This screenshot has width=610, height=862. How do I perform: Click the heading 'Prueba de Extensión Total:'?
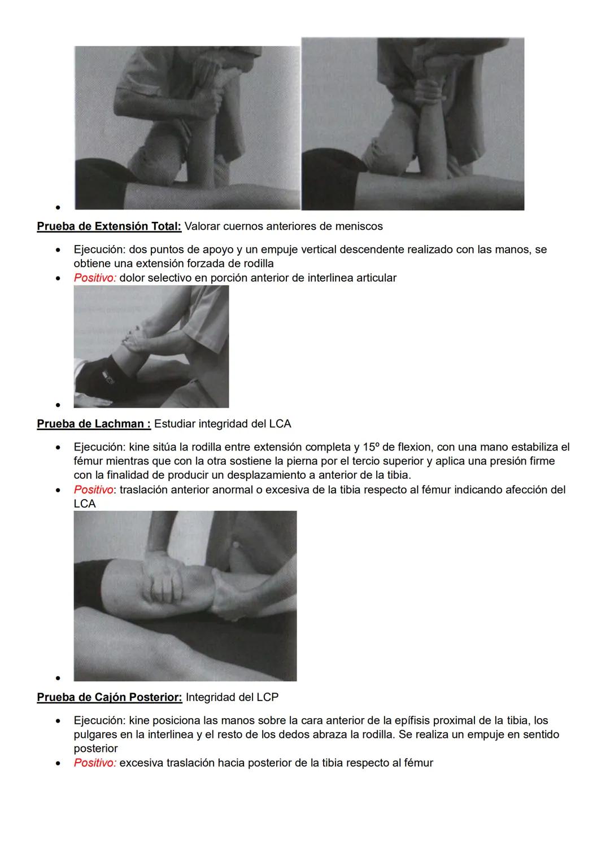109,226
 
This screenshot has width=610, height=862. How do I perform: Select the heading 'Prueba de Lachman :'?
94,423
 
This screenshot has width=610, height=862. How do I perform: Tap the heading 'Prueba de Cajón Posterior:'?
110,697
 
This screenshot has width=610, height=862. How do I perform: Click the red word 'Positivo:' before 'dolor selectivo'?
95,278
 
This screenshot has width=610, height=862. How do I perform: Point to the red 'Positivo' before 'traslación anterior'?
93,489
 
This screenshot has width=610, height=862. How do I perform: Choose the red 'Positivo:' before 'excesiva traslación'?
95,763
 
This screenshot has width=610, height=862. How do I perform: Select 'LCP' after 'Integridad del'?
267,697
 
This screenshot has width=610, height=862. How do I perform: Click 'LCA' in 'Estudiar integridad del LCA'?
280,423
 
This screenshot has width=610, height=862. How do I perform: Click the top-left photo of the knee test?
187,128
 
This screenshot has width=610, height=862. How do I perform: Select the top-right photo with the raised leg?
413,124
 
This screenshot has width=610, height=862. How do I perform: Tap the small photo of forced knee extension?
151,347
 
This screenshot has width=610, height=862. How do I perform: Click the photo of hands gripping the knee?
185,596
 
